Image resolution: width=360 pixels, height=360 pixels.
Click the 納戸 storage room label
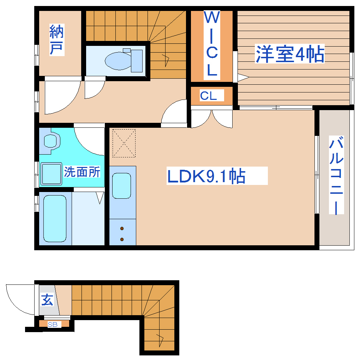tap(56, 40)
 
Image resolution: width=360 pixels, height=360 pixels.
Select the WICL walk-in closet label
tap(211, 44)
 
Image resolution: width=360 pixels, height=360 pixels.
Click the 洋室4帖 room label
tap(289, 54)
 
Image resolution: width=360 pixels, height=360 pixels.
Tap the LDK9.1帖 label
tap(207, 176)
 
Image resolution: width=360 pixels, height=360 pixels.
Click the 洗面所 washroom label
tap(82, 172)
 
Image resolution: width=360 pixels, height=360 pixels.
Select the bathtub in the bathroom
tap(55, 218)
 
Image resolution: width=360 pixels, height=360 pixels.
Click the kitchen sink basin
tap(121, 186)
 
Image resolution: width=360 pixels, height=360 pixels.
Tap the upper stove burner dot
tap(122, 228)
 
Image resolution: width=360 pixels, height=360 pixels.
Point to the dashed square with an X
tap(124, 143)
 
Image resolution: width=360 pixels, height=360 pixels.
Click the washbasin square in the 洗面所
tap(51, 173)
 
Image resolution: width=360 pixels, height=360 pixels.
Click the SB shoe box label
tap(54, 324)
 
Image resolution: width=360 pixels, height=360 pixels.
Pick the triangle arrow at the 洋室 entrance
tap(243, 77)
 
